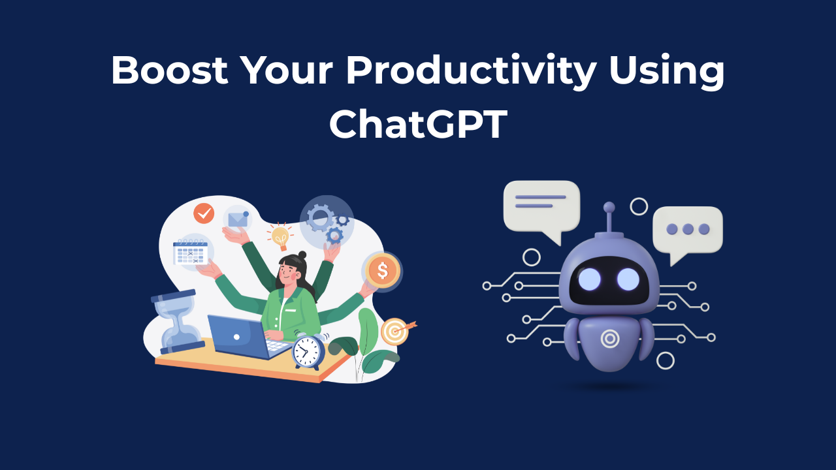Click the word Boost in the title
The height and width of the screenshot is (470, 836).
[x=169, y=70]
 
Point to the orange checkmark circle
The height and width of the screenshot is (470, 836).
[x=204, y=213]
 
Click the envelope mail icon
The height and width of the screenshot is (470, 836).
[x=238, y=219]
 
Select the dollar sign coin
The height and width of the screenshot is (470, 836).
[x=382, y=270]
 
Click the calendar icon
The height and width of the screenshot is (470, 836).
[x=190, y=252]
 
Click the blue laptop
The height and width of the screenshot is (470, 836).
[x=238, y=337]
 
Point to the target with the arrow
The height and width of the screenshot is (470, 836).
[x=394, y=332]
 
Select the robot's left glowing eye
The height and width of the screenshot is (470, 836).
[x=588, y=279]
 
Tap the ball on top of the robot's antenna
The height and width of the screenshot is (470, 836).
[x=609, y=208]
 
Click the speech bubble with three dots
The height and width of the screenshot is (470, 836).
[x=687, y=230]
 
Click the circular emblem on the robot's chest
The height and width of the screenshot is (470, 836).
[x=609, y=338]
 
